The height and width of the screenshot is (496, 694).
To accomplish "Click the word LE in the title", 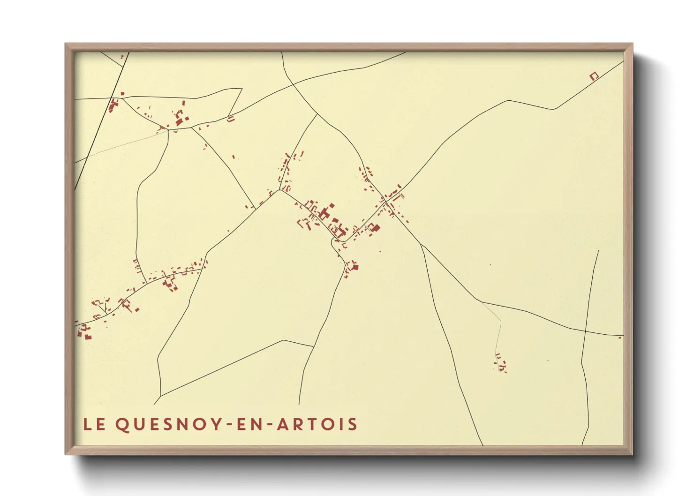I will click(94, 424).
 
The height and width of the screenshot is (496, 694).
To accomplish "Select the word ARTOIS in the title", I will click(317, 424).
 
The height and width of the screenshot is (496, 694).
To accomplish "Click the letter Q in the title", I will click(121, 425).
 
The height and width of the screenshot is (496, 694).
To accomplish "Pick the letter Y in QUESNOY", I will click(216, 424).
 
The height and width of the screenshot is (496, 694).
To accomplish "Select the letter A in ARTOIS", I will click(283, 424).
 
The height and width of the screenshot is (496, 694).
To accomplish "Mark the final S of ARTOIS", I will click(353, 424).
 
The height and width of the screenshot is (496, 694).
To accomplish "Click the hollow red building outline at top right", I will click(594, 76).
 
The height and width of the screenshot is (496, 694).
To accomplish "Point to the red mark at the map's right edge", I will click(619, 337).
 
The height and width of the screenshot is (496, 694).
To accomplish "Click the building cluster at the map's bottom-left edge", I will click(84, 331).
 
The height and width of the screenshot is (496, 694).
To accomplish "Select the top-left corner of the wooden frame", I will click(66, 44).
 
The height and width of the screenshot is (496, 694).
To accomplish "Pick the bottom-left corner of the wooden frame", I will click(66, 453).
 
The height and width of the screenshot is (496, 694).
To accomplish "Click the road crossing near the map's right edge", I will click(586, 331).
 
